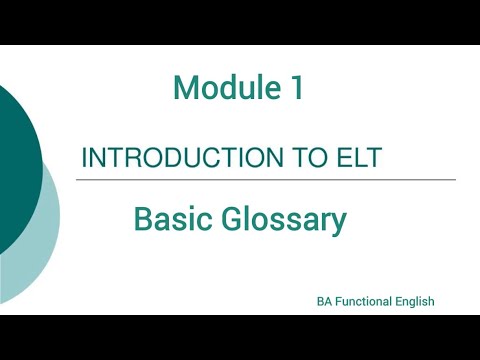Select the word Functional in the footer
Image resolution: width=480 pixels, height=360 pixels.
[364, 301]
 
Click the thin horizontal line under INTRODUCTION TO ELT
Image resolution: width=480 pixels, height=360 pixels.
[267, 180]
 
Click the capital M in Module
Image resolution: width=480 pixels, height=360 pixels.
[186, 89]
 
